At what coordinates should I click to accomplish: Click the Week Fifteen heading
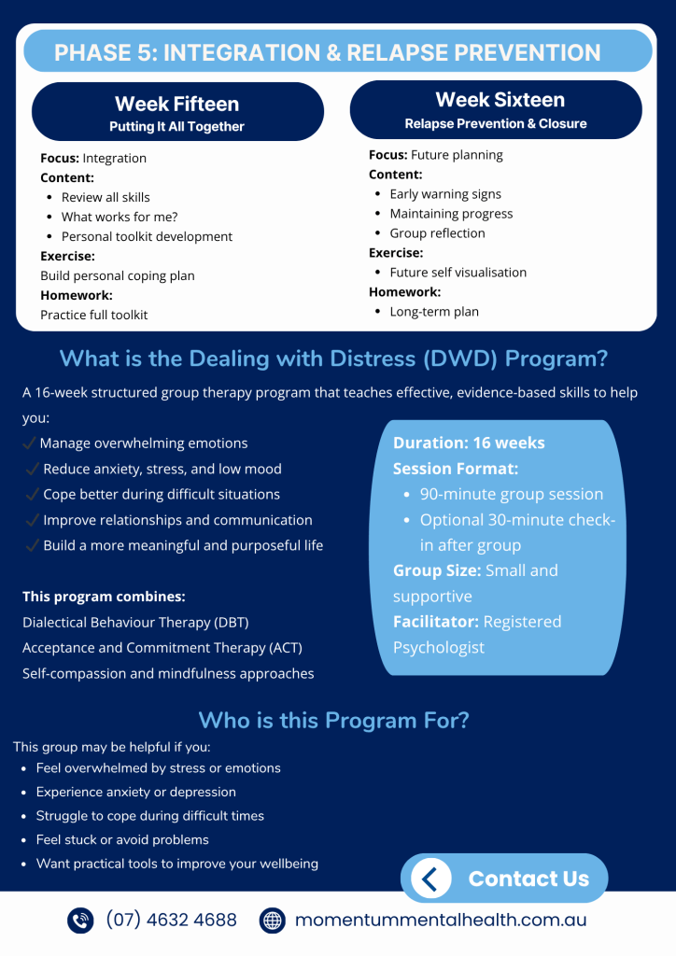[x=176, y=104]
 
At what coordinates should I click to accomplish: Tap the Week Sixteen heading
[x=500, y=100]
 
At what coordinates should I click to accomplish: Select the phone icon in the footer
[x=81, y=921]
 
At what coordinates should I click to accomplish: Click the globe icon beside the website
[x=272, y=921]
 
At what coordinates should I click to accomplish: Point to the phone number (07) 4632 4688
[x=171, y=921]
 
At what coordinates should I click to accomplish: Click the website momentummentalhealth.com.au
[x=441, y=921]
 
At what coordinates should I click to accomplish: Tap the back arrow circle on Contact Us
[x=430, y=879]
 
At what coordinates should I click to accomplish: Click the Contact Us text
[x=528, y=879]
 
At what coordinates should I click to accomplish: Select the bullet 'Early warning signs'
[x=445, y=194]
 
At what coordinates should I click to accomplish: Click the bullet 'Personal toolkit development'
[x=147, y=236]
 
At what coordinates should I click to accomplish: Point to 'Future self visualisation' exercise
[x=458, y=273]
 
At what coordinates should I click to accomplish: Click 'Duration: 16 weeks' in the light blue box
[x=469, y=443]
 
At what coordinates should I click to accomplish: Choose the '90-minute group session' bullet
[x=512, y=494]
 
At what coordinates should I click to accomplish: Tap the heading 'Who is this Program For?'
[x=333, y=720]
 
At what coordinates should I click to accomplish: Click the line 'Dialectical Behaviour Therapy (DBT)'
[x=135, y=622]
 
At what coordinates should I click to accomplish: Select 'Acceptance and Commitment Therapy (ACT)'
[x=162, y=647]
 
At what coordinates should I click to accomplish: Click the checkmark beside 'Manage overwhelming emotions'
[x=30, y=443]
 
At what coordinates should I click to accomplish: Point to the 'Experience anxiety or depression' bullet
[x=136, y=792]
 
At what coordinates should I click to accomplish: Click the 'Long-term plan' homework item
[x=434, y=312]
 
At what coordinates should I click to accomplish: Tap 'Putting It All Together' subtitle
[x=176, y=126]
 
